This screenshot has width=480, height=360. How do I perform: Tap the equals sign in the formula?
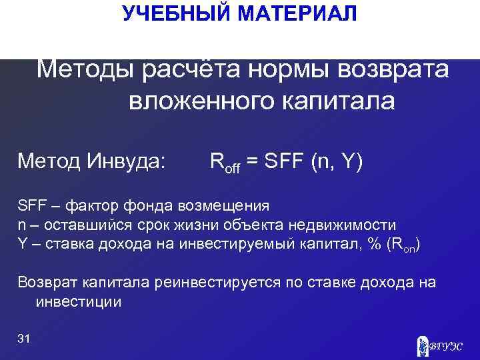tap(253, 161)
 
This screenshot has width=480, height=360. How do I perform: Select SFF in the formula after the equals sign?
tap(283, 161)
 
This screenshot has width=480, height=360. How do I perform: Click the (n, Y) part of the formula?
tap(337, 161)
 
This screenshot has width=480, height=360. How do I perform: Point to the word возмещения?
tap(225, 204)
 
